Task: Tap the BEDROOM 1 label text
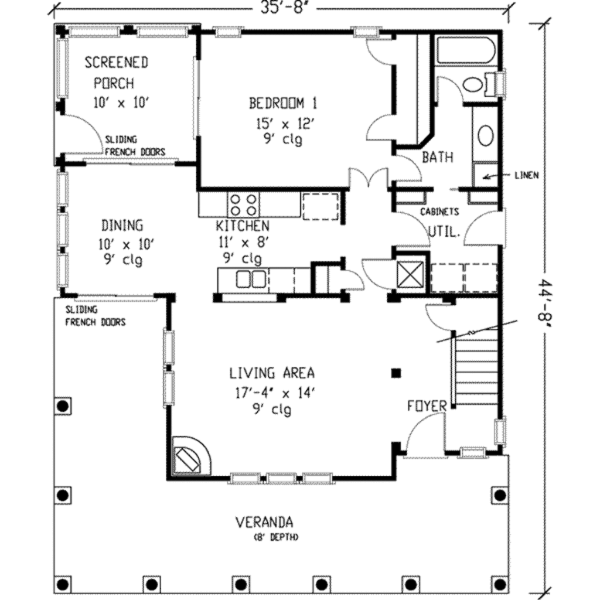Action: (x=283, y=104)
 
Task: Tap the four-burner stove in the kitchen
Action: (x=243, y=204)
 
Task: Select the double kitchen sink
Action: (x=251, y=279)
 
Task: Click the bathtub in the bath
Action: (x=466, y=52)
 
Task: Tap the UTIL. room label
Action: (x=444, y=231)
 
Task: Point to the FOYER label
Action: (x=428, y=405)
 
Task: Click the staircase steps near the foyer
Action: (x=476, y=369)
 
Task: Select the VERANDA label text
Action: (x=264, y=521)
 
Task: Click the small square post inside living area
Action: (x=397, y=373)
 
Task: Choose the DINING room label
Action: (x=122, y=225)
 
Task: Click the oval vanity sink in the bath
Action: (x=486, y=135)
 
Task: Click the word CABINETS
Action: (x=439, y=212)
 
